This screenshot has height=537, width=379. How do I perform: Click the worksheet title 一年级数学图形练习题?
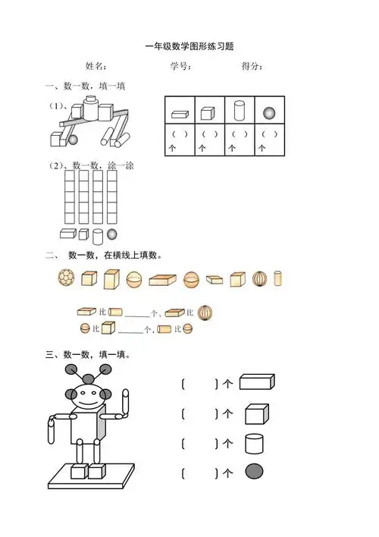point(189,47)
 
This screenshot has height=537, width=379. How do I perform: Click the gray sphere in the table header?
point(269,113)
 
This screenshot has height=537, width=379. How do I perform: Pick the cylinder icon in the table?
point(240,110)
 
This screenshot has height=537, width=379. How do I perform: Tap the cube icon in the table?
point(208,113)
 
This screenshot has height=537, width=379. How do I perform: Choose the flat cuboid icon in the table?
point(179,114)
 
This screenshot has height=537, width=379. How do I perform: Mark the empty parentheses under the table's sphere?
point(269,134)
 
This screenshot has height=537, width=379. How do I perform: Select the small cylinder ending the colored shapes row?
point(278,278)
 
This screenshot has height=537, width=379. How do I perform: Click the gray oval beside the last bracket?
point(254,472)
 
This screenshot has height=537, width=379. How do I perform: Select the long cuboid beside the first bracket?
point(256,382)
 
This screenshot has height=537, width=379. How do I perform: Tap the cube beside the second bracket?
point(256,413)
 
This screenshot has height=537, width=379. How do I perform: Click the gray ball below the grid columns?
point(112,234)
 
